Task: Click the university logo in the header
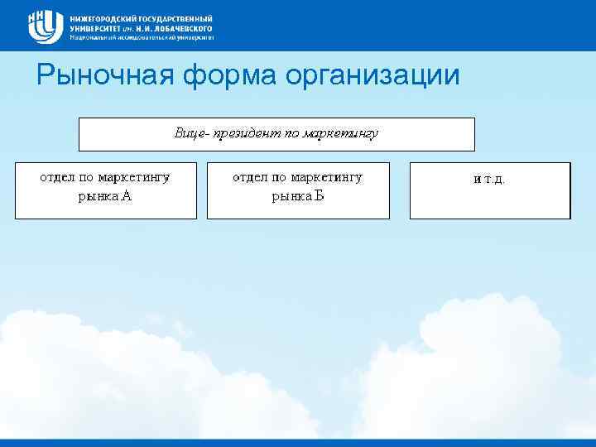(46, 26)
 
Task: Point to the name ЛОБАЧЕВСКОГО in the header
(185, 27)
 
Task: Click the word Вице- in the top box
(193, 133)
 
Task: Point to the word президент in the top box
(248, 133)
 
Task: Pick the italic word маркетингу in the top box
(340, 133)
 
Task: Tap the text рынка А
(104, 197)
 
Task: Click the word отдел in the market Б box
(249, 177)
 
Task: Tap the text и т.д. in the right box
(488, 179)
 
